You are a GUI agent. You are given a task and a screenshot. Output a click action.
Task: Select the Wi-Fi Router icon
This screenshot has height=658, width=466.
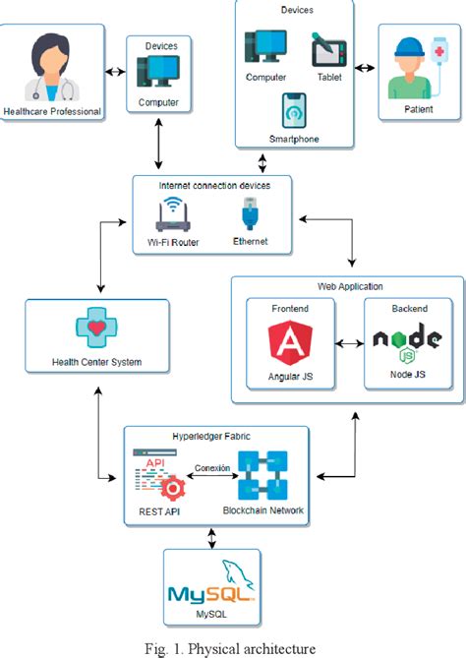point(172,213)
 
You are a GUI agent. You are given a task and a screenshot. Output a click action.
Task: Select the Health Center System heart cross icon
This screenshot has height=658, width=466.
point(96,329)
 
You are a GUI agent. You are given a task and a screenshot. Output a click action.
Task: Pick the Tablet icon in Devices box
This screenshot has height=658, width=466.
point(328,49)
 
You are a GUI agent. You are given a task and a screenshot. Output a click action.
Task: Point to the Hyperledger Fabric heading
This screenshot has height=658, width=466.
point(215,435)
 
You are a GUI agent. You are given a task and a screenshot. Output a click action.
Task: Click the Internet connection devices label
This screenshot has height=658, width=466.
point(213,185)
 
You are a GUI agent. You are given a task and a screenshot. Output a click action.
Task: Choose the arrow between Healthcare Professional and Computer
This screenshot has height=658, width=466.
point(116,71)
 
